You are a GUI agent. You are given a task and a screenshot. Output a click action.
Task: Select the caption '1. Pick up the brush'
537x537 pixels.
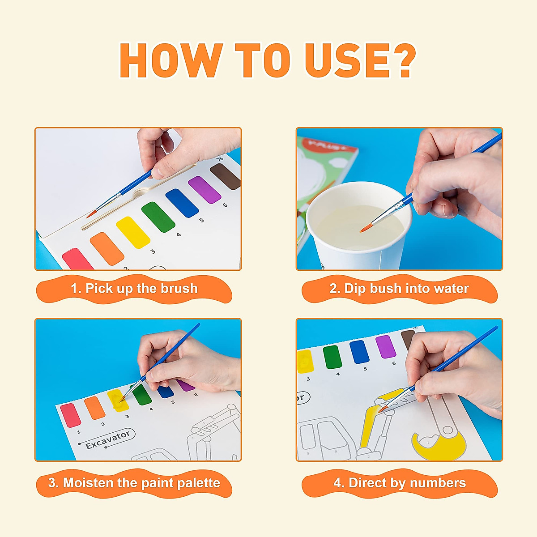point(134,289)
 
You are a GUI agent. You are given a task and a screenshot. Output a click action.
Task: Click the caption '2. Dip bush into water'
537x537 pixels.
point(399,289)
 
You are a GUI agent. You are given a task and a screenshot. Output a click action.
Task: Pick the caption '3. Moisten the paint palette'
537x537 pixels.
point(134,483)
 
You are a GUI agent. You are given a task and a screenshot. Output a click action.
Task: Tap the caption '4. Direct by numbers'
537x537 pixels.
point(399,483)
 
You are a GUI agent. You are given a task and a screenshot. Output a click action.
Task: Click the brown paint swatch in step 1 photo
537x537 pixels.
point(226,176)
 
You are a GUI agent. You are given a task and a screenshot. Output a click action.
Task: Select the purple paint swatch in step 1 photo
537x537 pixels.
point(205,190)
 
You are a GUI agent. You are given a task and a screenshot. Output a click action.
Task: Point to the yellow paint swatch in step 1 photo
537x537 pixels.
point(133,232)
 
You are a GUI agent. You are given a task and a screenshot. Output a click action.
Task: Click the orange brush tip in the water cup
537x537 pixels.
point(365,229)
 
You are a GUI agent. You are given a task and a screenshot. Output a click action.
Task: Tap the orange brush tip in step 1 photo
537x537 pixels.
point(91,214)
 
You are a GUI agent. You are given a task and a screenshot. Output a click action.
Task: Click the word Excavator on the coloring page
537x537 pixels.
point(108,439)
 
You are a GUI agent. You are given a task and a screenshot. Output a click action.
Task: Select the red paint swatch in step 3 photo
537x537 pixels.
point(71,415)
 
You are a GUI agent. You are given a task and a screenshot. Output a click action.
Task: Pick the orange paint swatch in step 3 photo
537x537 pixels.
point(94,408)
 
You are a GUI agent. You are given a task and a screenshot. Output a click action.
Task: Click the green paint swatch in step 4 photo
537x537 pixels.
point(332,357)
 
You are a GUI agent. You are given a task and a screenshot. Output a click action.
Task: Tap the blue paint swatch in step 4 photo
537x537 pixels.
point(359,352)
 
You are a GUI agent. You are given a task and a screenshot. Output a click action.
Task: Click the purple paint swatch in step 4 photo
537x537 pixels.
point(385,346)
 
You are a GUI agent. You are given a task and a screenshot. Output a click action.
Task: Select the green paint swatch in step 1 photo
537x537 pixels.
point(158,217)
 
